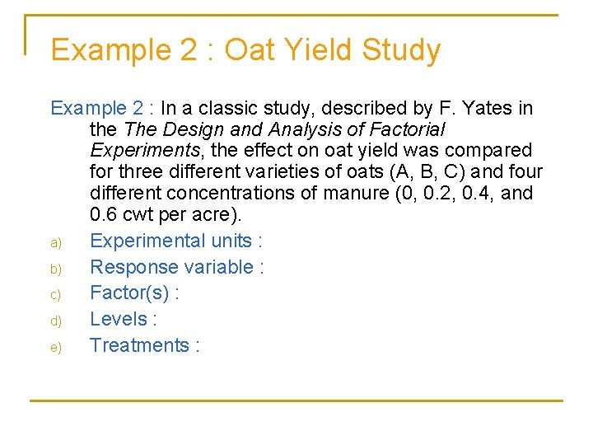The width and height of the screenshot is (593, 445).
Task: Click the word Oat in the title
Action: click(x=250, y=50)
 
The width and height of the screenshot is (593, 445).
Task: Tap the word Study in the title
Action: click(x=399, y=50)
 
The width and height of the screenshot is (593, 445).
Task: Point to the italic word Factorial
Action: click(x=404, y=129)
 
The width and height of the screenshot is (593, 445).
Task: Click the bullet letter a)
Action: click(x=56, y=242)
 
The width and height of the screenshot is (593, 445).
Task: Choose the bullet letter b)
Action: click(x=56, y=269)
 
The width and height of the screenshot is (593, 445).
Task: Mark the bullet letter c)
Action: click(x=56, y=295)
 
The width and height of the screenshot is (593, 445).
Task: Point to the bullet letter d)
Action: click(x=56, y=321)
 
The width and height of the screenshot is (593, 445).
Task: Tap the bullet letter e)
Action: click(x=56, y=347)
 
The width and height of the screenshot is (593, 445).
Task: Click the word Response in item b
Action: click(x=126, y=267)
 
